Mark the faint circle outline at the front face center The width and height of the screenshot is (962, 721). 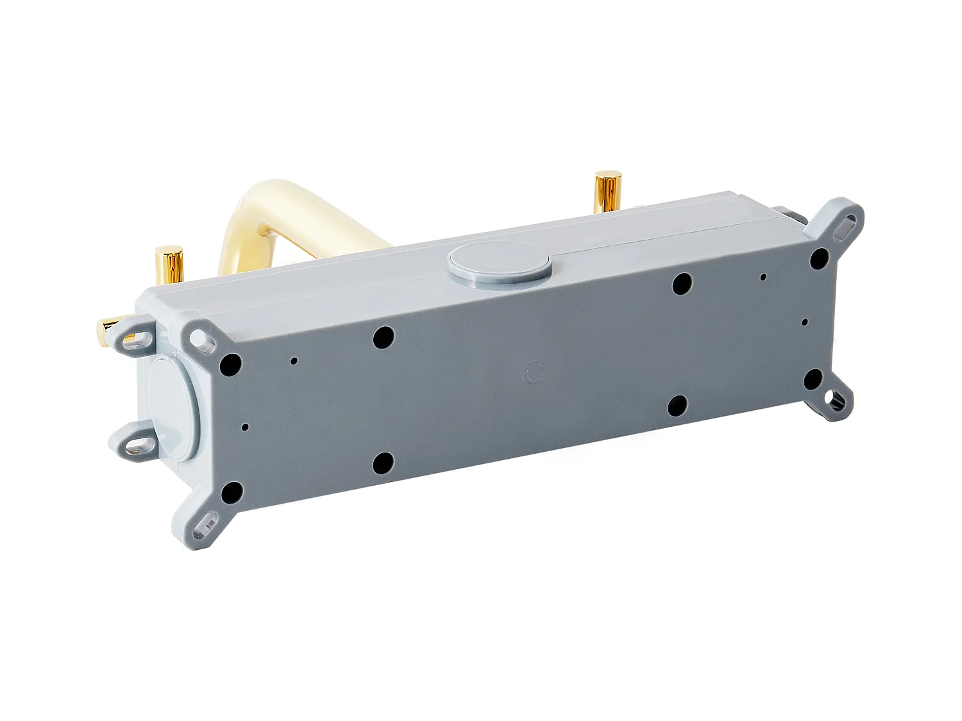[534, 371]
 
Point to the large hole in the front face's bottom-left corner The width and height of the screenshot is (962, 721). [230, 492]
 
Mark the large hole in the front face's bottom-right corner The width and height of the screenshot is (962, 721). [814, 378]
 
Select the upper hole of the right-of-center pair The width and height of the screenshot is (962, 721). [682, 283]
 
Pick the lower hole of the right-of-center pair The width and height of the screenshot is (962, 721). [678, 404]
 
